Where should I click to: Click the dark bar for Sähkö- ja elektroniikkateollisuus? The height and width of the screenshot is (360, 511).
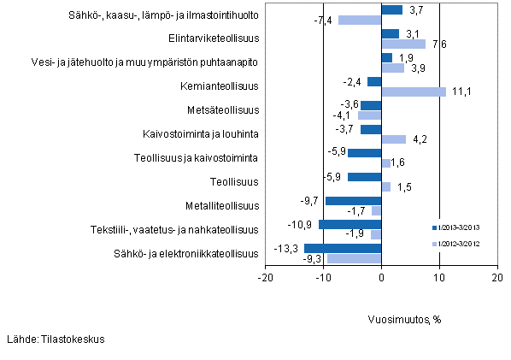(343, 248)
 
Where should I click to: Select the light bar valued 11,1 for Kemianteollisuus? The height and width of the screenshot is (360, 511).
(414, 91)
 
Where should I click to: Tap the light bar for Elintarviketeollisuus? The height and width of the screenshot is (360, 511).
(403, 44)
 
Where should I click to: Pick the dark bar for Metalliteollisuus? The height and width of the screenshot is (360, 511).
(353, 200)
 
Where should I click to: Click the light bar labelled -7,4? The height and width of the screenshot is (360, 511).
(360, 21)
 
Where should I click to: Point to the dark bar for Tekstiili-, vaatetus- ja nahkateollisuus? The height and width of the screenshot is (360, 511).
(349, 224)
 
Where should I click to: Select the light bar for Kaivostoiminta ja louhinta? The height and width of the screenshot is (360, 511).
(393, 139)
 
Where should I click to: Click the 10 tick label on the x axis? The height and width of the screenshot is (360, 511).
(439, 277)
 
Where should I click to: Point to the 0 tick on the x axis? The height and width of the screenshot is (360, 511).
(381, 277)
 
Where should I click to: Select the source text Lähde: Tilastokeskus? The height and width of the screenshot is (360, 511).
(56, 339)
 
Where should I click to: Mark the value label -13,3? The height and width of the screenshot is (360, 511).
(291, 248)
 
